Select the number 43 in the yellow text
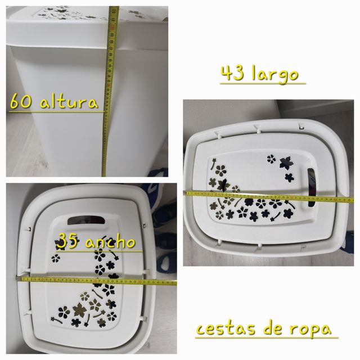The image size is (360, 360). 233,74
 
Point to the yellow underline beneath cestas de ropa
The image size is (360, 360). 267,338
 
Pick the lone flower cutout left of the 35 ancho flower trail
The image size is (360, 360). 55,259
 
